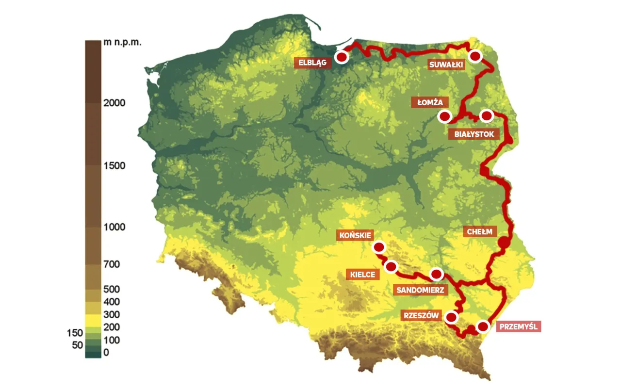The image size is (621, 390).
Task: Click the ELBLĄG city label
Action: (x=313, y=62)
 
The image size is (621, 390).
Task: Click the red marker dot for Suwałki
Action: (x=475, y=56)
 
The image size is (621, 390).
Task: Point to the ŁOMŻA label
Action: (x=429, y=102)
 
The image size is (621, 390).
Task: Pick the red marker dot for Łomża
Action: (x=444, y=116)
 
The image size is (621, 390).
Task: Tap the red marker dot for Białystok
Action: (x=486, y=115)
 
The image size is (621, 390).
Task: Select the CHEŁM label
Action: (x=479, y=232)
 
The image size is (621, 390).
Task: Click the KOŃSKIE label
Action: (x=356, y=236)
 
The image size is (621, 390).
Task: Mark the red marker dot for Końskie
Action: (x=378, y=247)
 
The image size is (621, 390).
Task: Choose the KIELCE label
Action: (x=362, y=275)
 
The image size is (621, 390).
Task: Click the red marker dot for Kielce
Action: (x=391, y=266)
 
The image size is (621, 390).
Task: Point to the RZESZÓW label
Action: (x=421, y=316)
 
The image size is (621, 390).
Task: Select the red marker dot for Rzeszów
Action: (x=451, y=317)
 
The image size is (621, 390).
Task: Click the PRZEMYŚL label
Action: (x=518, y=326)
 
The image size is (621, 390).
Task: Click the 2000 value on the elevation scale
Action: (x=114, y=103)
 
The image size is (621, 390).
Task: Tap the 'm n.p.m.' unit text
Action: (x=122, y=43)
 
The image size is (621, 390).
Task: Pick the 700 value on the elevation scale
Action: (x=111, y=264)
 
